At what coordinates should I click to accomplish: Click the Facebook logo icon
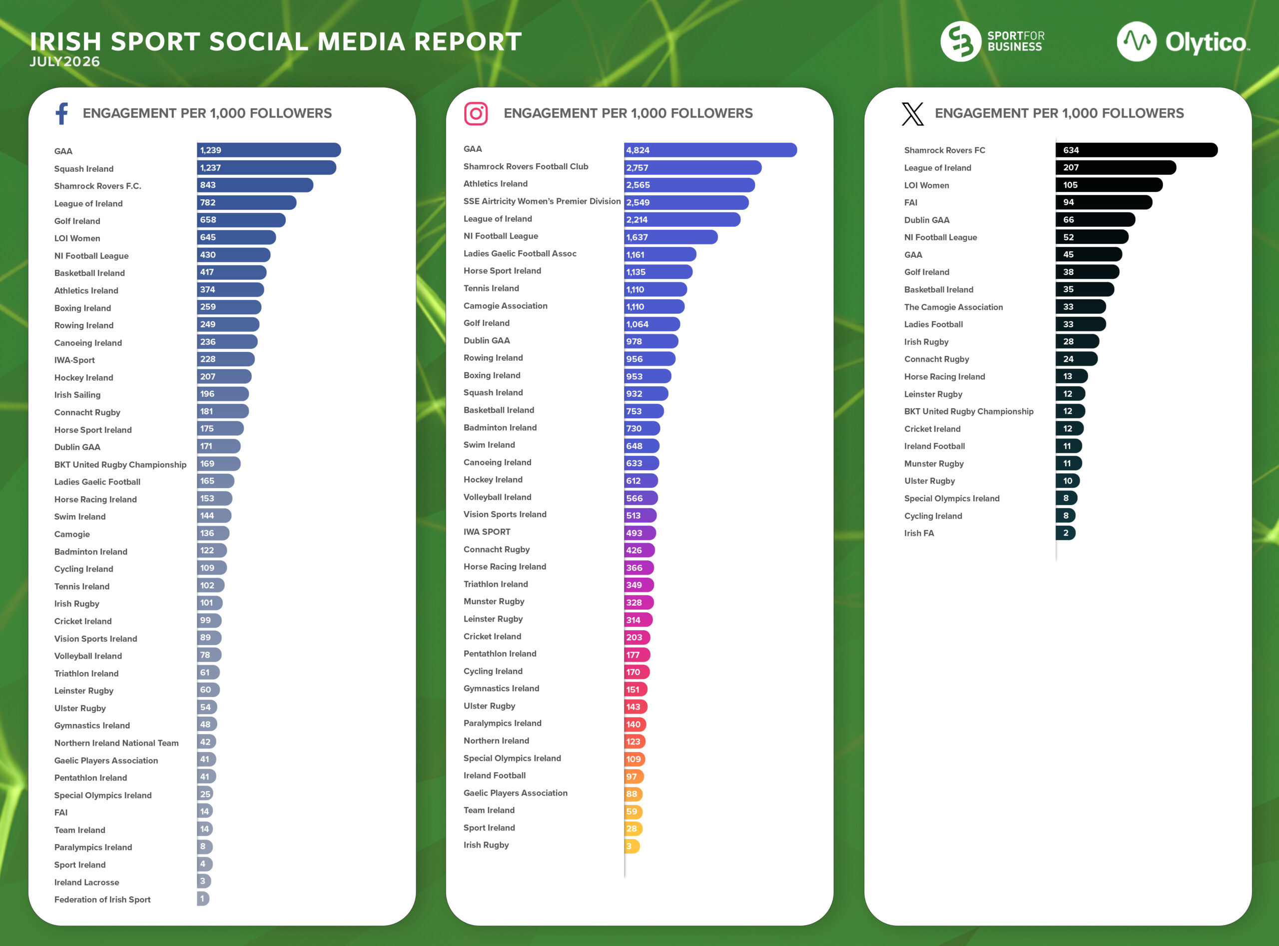tap(62, 113)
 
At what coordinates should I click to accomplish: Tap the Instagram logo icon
tap(476, 113)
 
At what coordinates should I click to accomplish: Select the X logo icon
tap(913, 113)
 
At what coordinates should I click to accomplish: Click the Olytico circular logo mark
tap(1137, 41)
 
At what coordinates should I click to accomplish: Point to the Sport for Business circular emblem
tap(961, 41)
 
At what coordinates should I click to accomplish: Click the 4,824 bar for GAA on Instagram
tap(710, 150)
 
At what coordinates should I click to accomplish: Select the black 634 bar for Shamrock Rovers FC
tap(1137, 150)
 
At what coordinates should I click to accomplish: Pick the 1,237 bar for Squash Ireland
tap(267, 168)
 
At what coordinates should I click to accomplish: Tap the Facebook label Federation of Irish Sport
tap(102, 900)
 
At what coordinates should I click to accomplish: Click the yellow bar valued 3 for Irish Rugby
tap(632, 846)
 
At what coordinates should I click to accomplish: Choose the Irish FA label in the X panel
tap(919, 533)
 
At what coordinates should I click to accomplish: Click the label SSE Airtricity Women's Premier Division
tap(542, 201)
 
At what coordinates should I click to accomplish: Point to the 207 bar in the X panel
tap(1116, 168)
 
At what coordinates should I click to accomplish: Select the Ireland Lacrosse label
tap(86, 883)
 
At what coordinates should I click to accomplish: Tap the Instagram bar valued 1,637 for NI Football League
tap(671, 237)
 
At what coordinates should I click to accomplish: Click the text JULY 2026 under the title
tap(64, 61)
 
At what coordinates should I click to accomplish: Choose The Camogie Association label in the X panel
tap(953, 307)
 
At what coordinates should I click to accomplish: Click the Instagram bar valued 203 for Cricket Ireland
tap(637, 637)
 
